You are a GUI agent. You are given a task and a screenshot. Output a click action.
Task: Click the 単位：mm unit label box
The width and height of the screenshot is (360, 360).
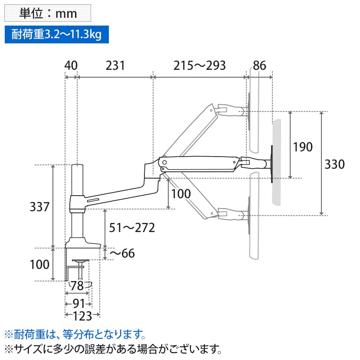[48, 13]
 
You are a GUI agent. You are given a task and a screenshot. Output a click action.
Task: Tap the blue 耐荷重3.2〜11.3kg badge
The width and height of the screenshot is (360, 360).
[54, 34]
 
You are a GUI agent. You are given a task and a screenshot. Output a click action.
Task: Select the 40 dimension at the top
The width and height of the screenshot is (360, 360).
[71, 65]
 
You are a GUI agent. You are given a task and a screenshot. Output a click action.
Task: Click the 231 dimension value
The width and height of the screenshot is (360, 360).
[115, 65]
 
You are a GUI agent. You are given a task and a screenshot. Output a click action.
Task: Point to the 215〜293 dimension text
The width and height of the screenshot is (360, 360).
[200, 65]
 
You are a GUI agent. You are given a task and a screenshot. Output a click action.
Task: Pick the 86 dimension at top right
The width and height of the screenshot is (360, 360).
[259, 65]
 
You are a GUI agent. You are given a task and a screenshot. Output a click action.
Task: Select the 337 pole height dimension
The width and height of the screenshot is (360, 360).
[40, 207]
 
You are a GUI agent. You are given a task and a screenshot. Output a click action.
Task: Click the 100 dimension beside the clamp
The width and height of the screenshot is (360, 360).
[40, 264]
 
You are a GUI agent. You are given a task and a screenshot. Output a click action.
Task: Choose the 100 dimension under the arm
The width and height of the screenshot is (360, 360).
[180, 193]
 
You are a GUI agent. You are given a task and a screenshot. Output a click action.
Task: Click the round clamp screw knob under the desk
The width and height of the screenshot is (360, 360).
[81, 262]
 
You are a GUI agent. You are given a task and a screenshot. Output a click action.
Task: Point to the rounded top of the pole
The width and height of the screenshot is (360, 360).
[77, 166]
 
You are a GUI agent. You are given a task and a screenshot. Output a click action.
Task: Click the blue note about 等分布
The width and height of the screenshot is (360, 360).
[74, 334]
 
